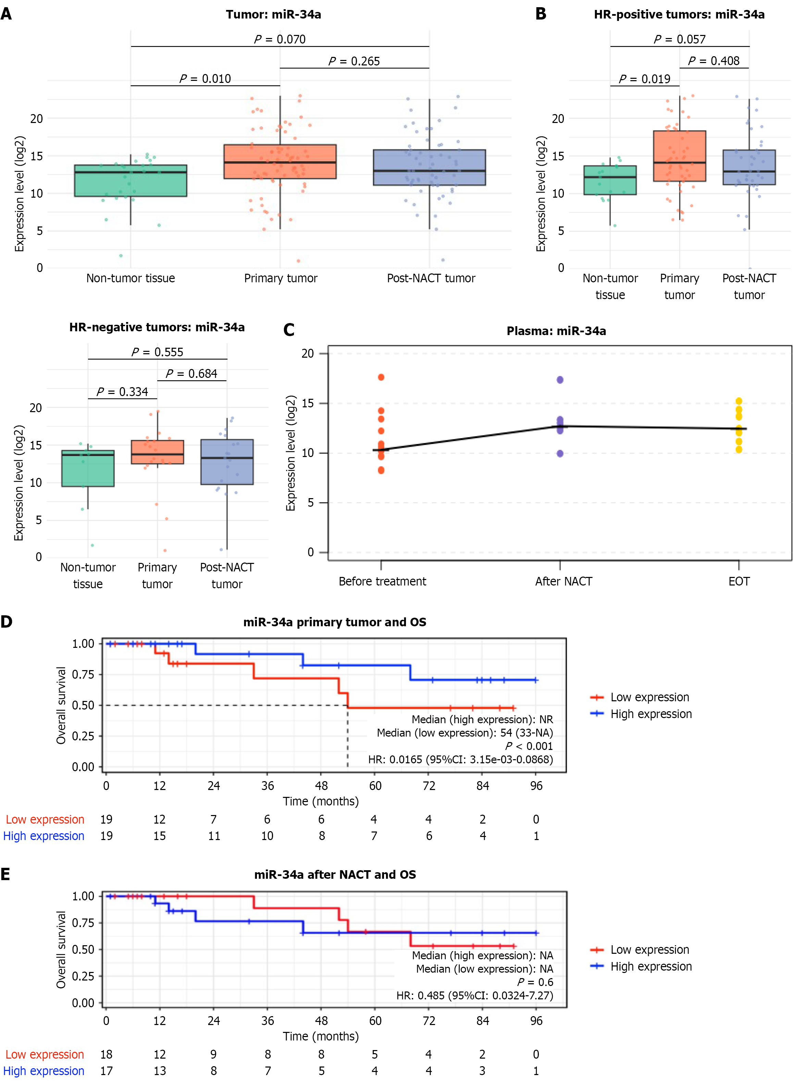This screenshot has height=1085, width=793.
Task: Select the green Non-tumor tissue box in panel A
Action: [x=131, y=181]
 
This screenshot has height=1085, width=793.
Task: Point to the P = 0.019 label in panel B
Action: [x=644, y=79]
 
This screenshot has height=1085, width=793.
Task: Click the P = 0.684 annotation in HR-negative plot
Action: [x=191, y=373]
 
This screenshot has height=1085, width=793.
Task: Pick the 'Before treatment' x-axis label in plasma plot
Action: [x=382, y=581]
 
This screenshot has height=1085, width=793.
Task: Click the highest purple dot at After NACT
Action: [x=560, y=380]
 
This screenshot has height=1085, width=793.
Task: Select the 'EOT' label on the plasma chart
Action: [x=739, y=581]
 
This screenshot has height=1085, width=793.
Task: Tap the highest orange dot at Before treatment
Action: [x=381, y=377]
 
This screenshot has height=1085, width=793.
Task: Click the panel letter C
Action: [x=288, y=330]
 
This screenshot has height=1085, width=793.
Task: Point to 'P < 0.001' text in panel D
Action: [x=529, y=746]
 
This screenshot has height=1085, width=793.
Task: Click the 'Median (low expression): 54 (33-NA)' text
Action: [x=464, y=732]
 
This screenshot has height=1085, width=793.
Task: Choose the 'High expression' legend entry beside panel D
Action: [x=651, y=714]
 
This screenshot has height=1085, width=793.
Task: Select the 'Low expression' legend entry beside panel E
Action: [x=649, y=950]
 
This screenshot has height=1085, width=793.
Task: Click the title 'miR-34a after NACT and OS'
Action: [x=335, y=875]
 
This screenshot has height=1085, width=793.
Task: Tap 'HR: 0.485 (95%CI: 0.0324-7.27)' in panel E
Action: [x=474, y=996]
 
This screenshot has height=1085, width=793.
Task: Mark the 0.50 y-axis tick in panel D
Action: [x=83, y=705]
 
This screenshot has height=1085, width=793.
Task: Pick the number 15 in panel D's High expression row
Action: [x=159, y=836]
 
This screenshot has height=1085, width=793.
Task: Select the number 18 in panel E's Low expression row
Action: [x=106, y=1054]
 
